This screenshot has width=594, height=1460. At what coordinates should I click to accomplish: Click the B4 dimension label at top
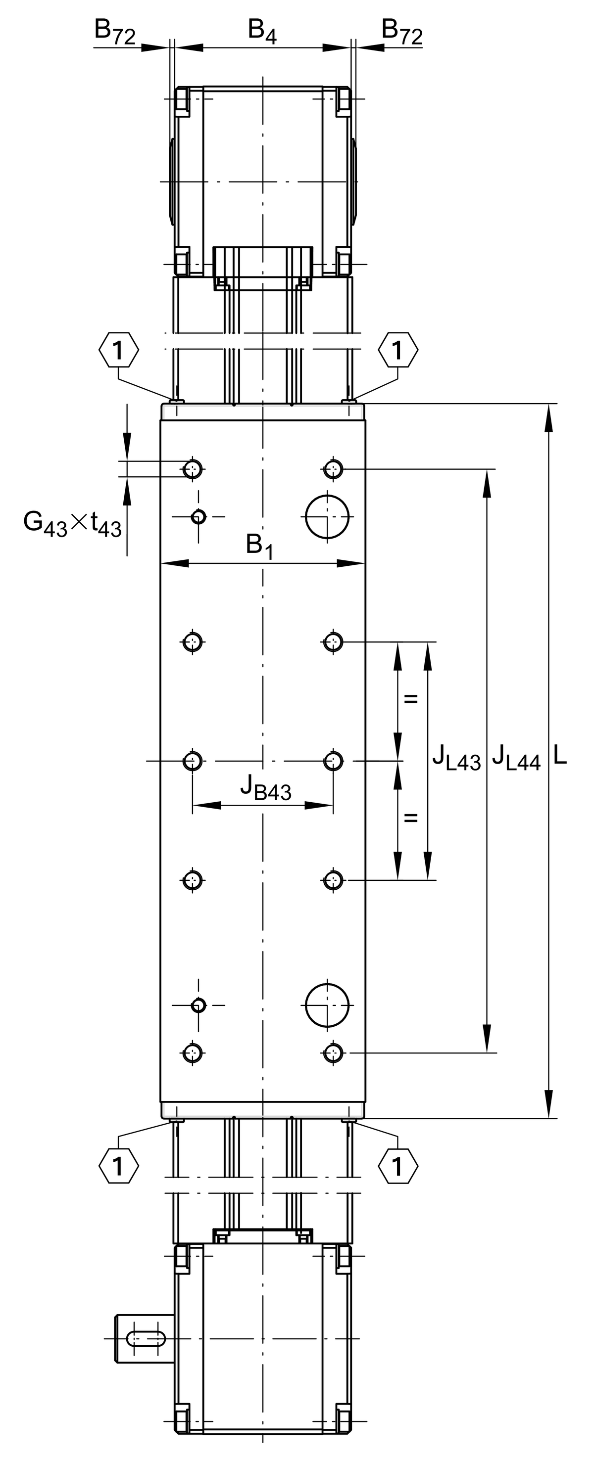click(x=262, y=31)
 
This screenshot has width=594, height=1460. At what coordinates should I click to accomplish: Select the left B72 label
click(x=115, y=31)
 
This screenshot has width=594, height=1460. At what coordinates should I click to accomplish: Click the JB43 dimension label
click(x=265, y=788)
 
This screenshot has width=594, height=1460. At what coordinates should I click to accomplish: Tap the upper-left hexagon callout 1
click(x=119, y=350)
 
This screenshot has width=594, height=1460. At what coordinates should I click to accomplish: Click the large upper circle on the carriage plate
click(x=327, y=517)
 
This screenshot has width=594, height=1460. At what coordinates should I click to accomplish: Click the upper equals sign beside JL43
click(x=411, y=699)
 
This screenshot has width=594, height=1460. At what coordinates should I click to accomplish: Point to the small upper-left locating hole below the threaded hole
click(x=198, y=517)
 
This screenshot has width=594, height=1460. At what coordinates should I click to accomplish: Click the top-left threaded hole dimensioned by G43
click(x=193, y=469)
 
